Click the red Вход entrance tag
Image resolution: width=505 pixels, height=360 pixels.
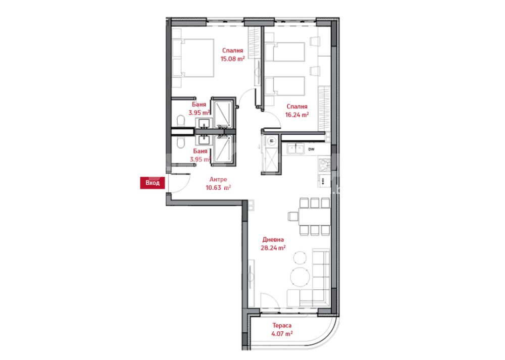coord(153,183)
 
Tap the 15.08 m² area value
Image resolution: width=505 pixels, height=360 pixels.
coord(232,59)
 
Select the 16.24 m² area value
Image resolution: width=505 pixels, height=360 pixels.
coord(297,114)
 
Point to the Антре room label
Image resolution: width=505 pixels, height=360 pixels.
coord(218,179)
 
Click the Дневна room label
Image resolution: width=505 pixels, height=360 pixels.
coord(273,239)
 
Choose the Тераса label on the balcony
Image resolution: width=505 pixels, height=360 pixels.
coord(282,326)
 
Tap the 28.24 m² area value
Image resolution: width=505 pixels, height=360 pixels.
coord(273,248)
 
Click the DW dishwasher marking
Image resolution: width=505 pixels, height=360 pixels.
coord(311,149)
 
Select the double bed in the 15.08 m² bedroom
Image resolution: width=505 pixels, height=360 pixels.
coord(193,58)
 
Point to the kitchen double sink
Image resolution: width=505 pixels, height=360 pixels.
coord(295,149)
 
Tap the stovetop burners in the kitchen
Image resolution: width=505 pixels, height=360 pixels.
coord(324,165)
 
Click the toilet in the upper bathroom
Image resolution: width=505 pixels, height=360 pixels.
coord(181,121)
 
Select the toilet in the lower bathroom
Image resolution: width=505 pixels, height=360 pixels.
coord(181,143)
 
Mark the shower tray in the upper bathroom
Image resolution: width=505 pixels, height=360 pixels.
coord(223,114)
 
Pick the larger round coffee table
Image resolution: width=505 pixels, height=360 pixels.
coord(300,277)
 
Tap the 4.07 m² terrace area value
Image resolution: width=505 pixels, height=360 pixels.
coord(282,334)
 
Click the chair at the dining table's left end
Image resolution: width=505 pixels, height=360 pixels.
coord(293,217)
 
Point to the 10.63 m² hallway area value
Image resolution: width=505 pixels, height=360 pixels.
coord(218,188)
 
